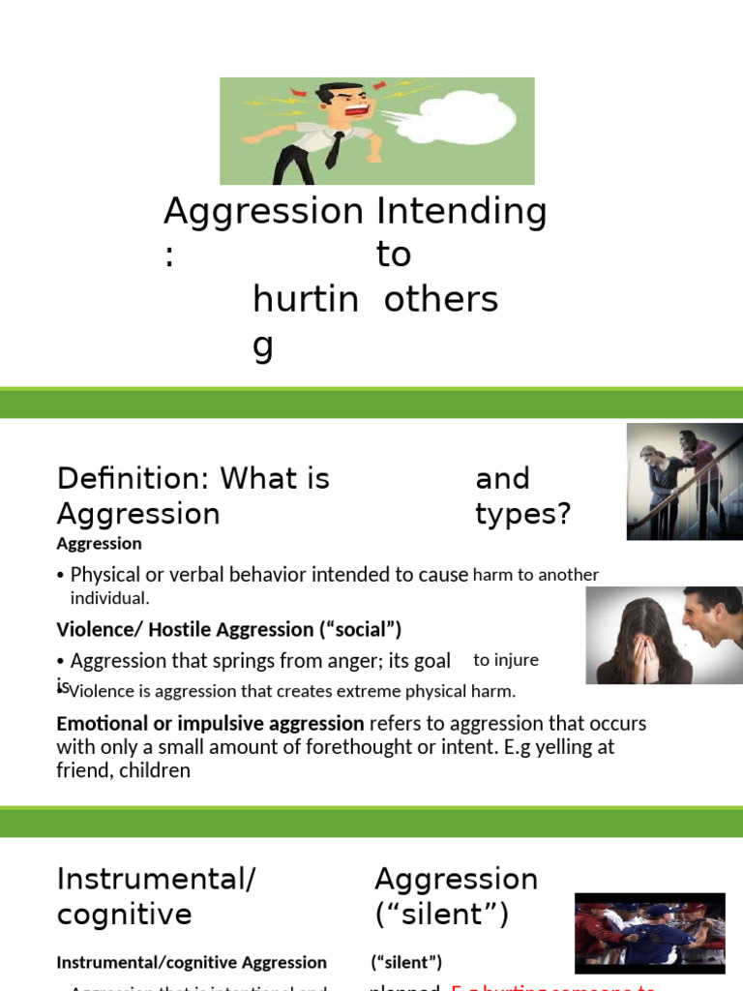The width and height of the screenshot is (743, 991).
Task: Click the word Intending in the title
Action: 461,210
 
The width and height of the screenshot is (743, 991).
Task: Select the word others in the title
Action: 440,300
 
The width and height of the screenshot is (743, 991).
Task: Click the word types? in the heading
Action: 523,514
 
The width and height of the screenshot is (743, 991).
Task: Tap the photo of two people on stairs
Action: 684,481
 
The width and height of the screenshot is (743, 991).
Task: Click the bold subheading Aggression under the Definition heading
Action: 99,544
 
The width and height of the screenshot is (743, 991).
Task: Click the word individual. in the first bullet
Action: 109,598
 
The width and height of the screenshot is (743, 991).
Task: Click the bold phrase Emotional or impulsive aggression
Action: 210,724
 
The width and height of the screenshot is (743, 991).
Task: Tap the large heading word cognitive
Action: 124,915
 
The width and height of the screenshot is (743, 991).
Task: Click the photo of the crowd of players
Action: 649,933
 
